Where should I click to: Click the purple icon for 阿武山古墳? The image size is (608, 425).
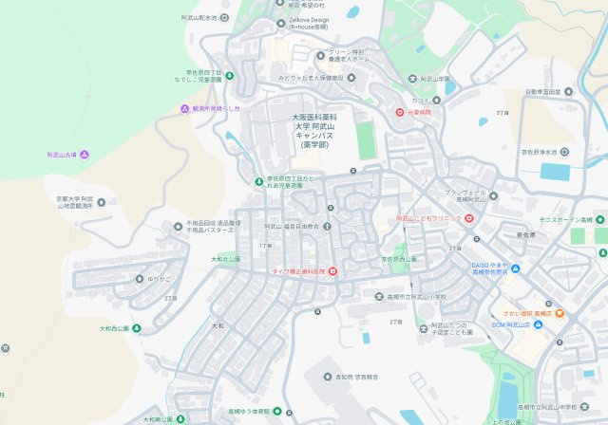click(85, 155)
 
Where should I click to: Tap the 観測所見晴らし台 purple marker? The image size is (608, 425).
click(184, 109)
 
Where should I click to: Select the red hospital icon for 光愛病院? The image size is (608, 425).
click(399, 112)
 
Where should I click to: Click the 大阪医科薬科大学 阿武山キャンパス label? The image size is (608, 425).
click(314, 131)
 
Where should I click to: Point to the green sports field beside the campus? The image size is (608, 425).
click(367, 140)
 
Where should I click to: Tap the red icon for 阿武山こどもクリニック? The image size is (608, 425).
click(468, 219)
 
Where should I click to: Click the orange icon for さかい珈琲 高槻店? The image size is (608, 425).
click(560, 313)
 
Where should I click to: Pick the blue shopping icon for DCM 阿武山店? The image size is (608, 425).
click(539, 325)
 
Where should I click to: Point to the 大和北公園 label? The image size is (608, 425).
click(226, 258)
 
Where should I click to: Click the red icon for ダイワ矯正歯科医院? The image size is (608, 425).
click(332, 271)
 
